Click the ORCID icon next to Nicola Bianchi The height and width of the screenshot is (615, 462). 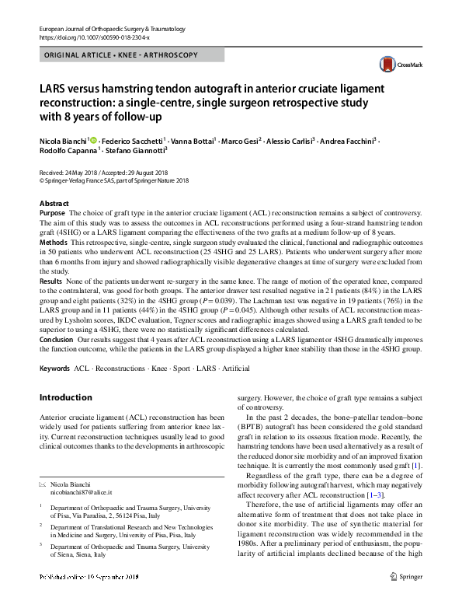[x=94, y=141]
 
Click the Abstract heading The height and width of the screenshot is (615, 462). [x=52, y=202]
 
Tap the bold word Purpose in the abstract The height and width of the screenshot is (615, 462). [x=52, y=212]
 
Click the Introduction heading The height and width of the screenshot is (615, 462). [x=65, y=398]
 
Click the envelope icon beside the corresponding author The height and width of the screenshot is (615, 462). [x=43, y=484]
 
